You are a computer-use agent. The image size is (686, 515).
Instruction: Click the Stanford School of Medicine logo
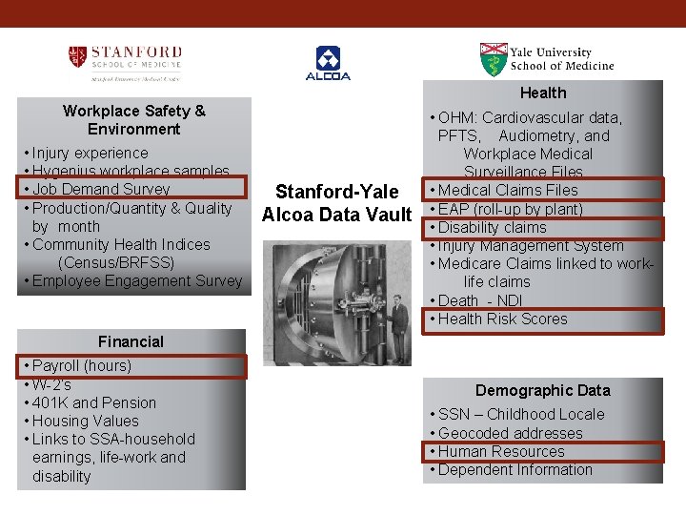pyautogui.click(x=125, y=62)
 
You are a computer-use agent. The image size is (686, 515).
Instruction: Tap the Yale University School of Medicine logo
pyautogui.click(x=547, y=59)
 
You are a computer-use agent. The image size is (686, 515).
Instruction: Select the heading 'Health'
pyautogui.click(x=543, y=93)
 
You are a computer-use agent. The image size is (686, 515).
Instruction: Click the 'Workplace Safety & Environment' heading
pyautogui.click(x=133, y=119)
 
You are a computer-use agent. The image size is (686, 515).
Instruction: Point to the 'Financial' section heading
pyautogui.click(x=131, y=341)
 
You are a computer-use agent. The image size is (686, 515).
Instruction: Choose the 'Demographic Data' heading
pyautogui.click(x=542, y=390)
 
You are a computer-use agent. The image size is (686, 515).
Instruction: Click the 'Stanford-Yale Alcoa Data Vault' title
pyautogui.click(x=336, y=204)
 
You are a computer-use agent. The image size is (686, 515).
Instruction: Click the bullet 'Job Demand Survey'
pyautogui.click(x=101, y=190)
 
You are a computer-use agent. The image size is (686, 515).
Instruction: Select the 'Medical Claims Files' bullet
pyautogui.click(x=508, y=190)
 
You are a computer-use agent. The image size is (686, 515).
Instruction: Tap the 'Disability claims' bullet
pyautogui.click(x=493, y=227)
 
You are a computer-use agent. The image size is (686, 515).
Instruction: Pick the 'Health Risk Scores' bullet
pyautogui.click(x=502, y=319)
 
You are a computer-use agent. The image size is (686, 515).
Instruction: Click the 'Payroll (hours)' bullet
pyautogui.click(x=82, y=365)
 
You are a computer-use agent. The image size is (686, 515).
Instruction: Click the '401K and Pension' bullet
pyautogui.click(x=94, y=402)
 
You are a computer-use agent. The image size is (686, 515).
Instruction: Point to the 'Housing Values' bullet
pyautogui.click(x=86, y=421)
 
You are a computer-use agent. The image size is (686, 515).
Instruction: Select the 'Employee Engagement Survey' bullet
pyautogui.click(x=137, y=280)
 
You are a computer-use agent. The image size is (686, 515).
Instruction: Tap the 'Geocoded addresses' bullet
pyautogui.click(x=510, y=433)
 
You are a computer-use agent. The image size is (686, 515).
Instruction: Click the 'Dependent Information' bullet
pyautogui.click(x=514, y=469)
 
